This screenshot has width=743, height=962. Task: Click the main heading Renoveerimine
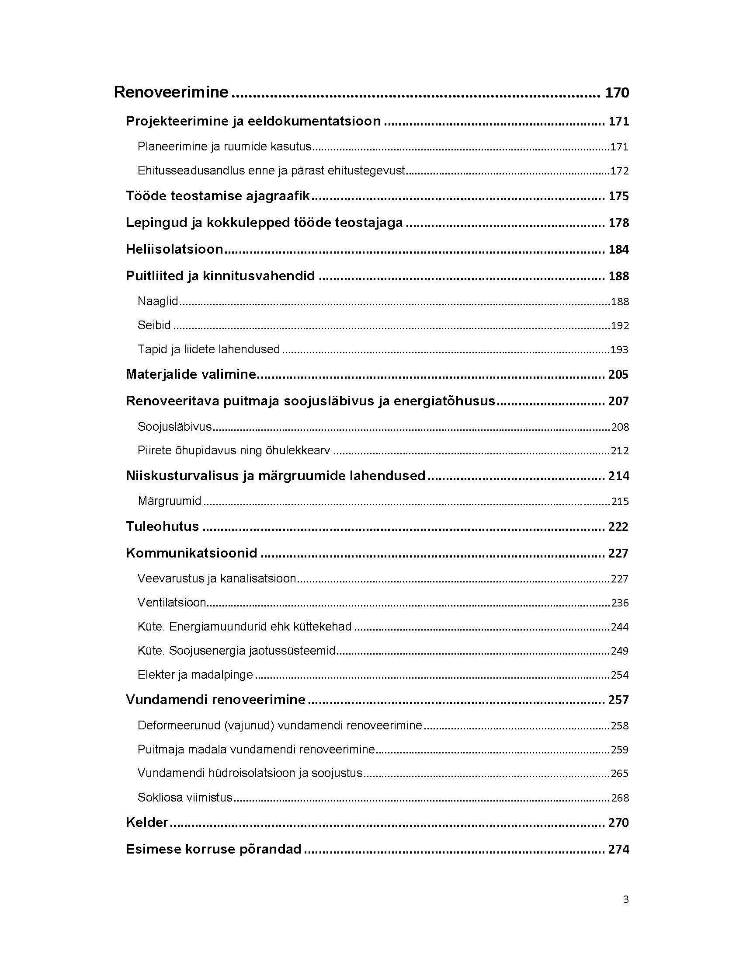click(x=171, y=92)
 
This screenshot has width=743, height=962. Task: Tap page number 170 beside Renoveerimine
click(x=617, y=93)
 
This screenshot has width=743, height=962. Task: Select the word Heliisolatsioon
click(x=174, y=249)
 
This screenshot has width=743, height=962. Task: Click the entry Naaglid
click(x=158, y=301)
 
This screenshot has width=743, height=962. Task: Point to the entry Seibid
click(x=154, y=325)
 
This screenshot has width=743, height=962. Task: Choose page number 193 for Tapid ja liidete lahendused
click(x=619, y=350)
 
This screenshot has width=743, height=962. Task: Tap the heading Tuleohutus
click(x=163, y=526)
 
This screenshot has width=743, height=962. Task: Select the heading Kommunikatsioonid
click(x=191, y=553)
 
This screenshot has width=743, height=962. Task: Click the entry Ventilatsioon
click(x=172, y=603)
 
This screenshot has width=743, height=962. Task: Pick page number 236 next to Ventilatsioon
click(x=619, y=603)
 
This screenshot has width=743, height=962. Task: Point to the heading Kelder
click(x=147, y=823)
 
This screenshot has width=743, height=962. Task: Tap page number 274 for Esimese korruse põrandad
click(x=618, y=849)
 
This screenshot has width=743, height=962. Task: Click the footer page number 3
click(x=625, y=899)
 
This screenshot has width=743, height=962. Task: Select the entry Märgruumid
click(x=170, y=501)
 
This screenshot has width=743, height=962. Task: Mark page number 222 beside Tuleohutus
click(x=618, y=527)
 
